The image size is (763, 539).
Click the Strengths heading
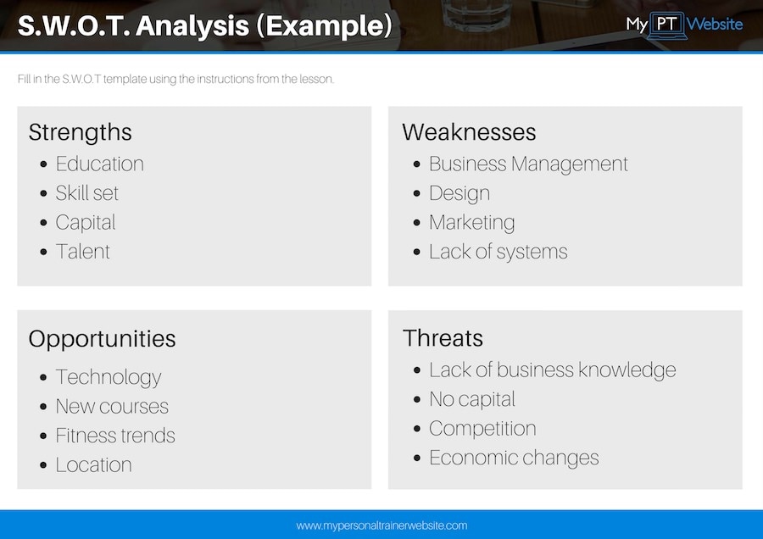81,132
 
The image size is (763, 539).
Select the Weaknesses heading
469,132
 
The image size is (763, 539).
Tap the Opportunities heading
102,339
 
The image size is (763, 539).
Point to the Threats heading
443,338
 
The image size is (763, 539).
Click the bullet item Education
99,164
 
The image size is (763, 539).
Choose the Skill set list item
86,193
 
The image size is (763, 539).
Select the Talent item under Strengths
82,252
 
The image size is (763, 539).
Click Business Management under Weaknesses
528,164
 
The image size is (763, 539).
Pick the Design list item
459,193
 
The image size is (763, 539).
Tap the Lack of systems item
498,252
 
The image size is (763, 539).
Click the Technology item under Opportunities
108,377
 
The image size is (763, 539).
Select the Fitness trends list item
115,436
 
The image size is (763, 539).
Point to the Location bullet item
93,465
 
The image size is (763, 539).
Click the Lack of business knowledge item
552,370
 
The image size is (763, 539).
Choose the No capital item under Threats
471,399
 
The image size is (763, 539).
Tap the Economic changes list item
514,458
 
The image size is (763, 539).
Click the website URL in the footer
381,525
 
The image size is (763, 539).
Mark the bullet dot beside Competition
416,429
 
